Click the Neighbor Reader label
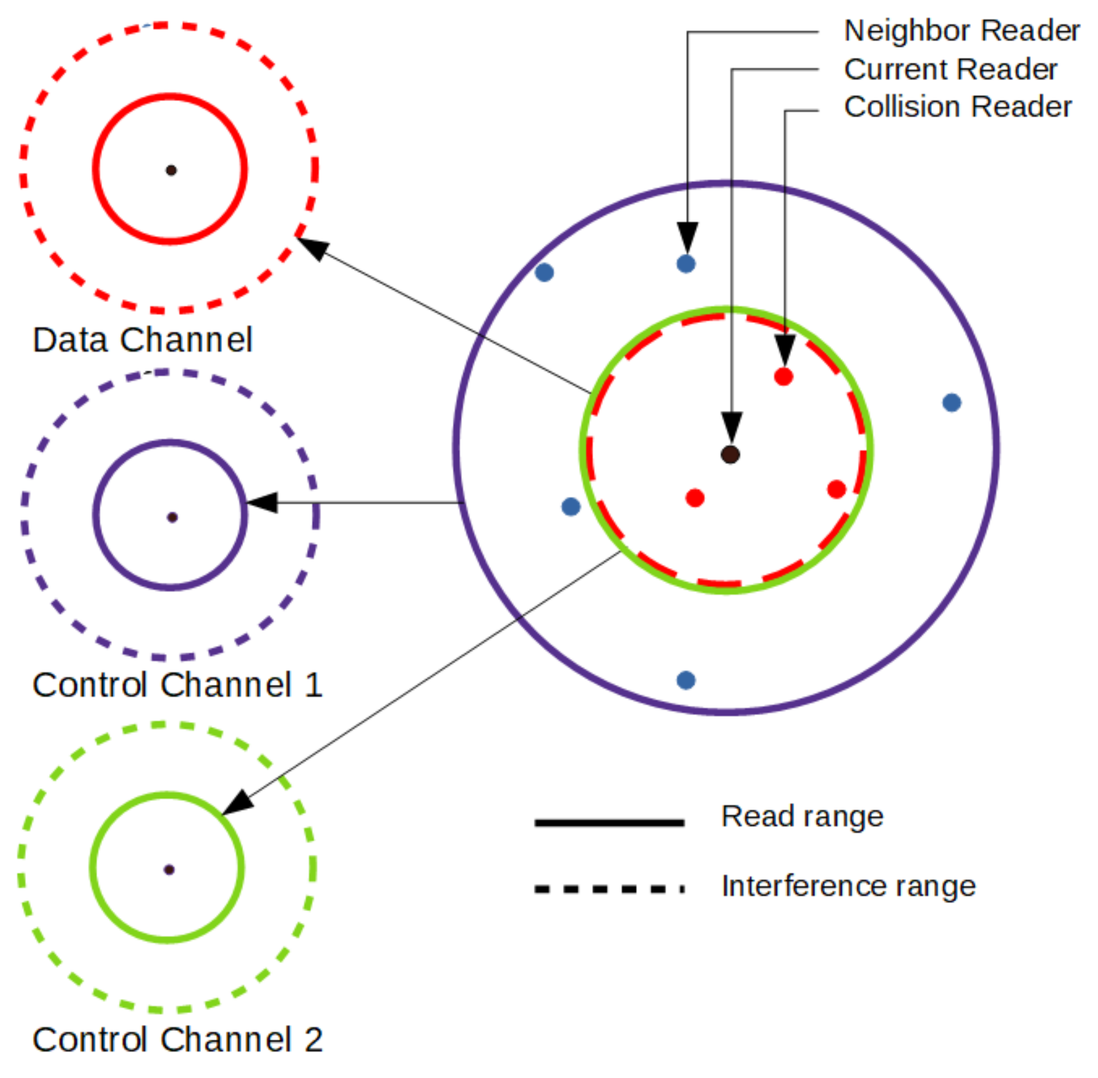point(961,30)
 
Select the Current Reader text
point(950,70)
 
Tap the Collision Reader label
point(957,107)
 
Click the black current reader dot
point(730,454)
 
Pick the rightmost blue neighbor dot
point(951,403)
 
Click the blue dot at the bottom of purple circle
point(686,680)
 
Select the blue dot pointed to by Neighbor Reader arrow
point(686,263)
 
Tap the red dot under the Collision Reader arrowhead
point(783,377)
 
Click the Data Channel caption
point(142,340)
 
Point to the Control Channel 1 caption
point(177,685)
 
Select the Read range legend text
point(802,816)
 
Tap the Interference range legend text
point(848,886)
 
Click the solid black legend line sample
point(609,823)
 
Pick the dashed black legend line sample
point(609,889)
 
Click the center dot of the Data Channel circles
point(171,170)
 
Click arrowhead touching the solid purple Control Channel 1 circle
point(262,502)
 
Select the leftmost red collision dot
point(695,498)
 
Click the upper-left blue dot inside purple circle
point(544,272)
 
